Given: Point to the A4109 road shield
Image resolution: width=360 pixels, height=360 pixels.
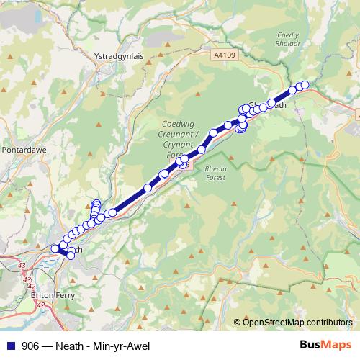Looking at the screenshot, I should (x=225, y=54).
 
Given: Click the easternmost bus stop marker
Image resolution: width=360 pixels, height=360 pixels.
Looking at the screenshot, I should (x=305, y=85).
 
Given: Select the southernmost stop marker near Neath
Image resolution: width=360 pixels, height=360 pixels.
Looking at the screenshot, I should (x=71, y=256).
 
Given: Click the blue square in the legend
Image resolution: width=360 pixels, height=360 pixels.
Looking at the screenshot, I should (x=9, y=345).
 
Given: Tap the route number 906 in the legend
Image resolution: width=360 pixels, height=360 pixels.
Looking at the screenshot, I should (x=31, y=345).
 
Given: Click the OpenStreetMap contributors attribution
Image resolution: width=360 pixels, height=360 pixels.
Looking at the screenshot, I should (x=297, y=322).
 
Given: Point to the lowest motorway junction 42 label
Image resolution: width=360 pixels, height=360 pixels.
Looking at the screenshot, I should (x=40, y=306).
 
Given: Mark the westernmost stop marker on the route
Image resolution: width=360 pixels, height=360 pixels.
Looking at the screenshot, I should (x=55, y=248).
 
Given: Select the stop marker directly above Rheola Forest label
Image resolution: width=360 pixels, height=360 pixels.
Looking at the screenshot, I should (x=202, y=150).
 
